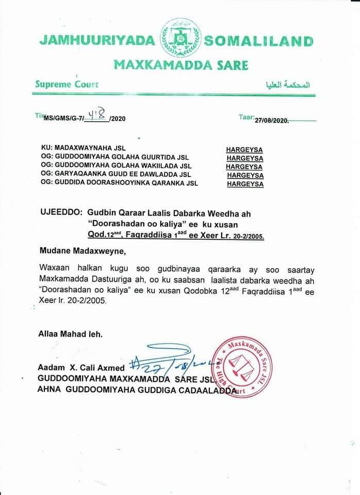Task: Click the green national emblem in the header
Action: (x=180, y=38)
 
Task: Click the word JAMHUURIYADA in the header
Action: (x=96, y=41)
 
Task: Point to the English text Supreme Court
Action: (x=67, y=84)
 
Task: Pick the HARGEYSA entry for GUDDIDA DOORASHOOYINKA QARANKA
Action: (x=245, y=184)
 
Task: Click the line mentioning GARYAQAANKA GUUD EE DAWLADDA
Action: (x=115, y=175)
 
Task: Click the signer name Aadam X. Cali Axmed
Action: (x=81, y=368)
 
